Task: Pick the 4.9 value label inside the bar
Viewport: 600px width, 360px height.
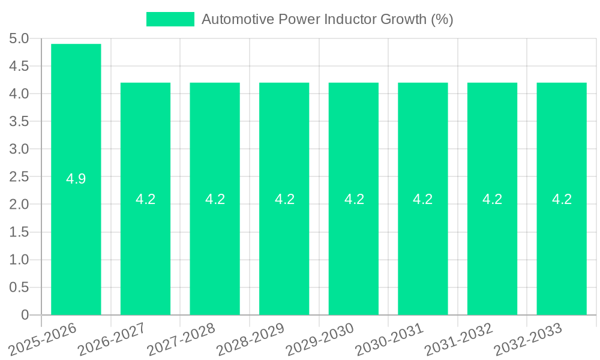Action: [76, 179]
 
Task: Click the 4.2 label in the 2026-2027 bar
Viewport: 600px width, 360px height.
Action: [146, 199]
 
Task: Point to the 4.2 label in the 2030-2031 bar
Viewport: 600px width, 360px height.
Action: [423, 199]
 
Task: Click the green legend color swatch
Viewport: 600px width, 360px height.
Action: [170, 19]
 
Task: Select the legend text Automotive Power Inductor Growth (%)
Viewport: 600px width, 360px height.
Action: [327, 19]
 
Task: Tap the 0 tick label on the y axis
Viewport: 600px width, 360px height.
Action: [25, 315]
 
